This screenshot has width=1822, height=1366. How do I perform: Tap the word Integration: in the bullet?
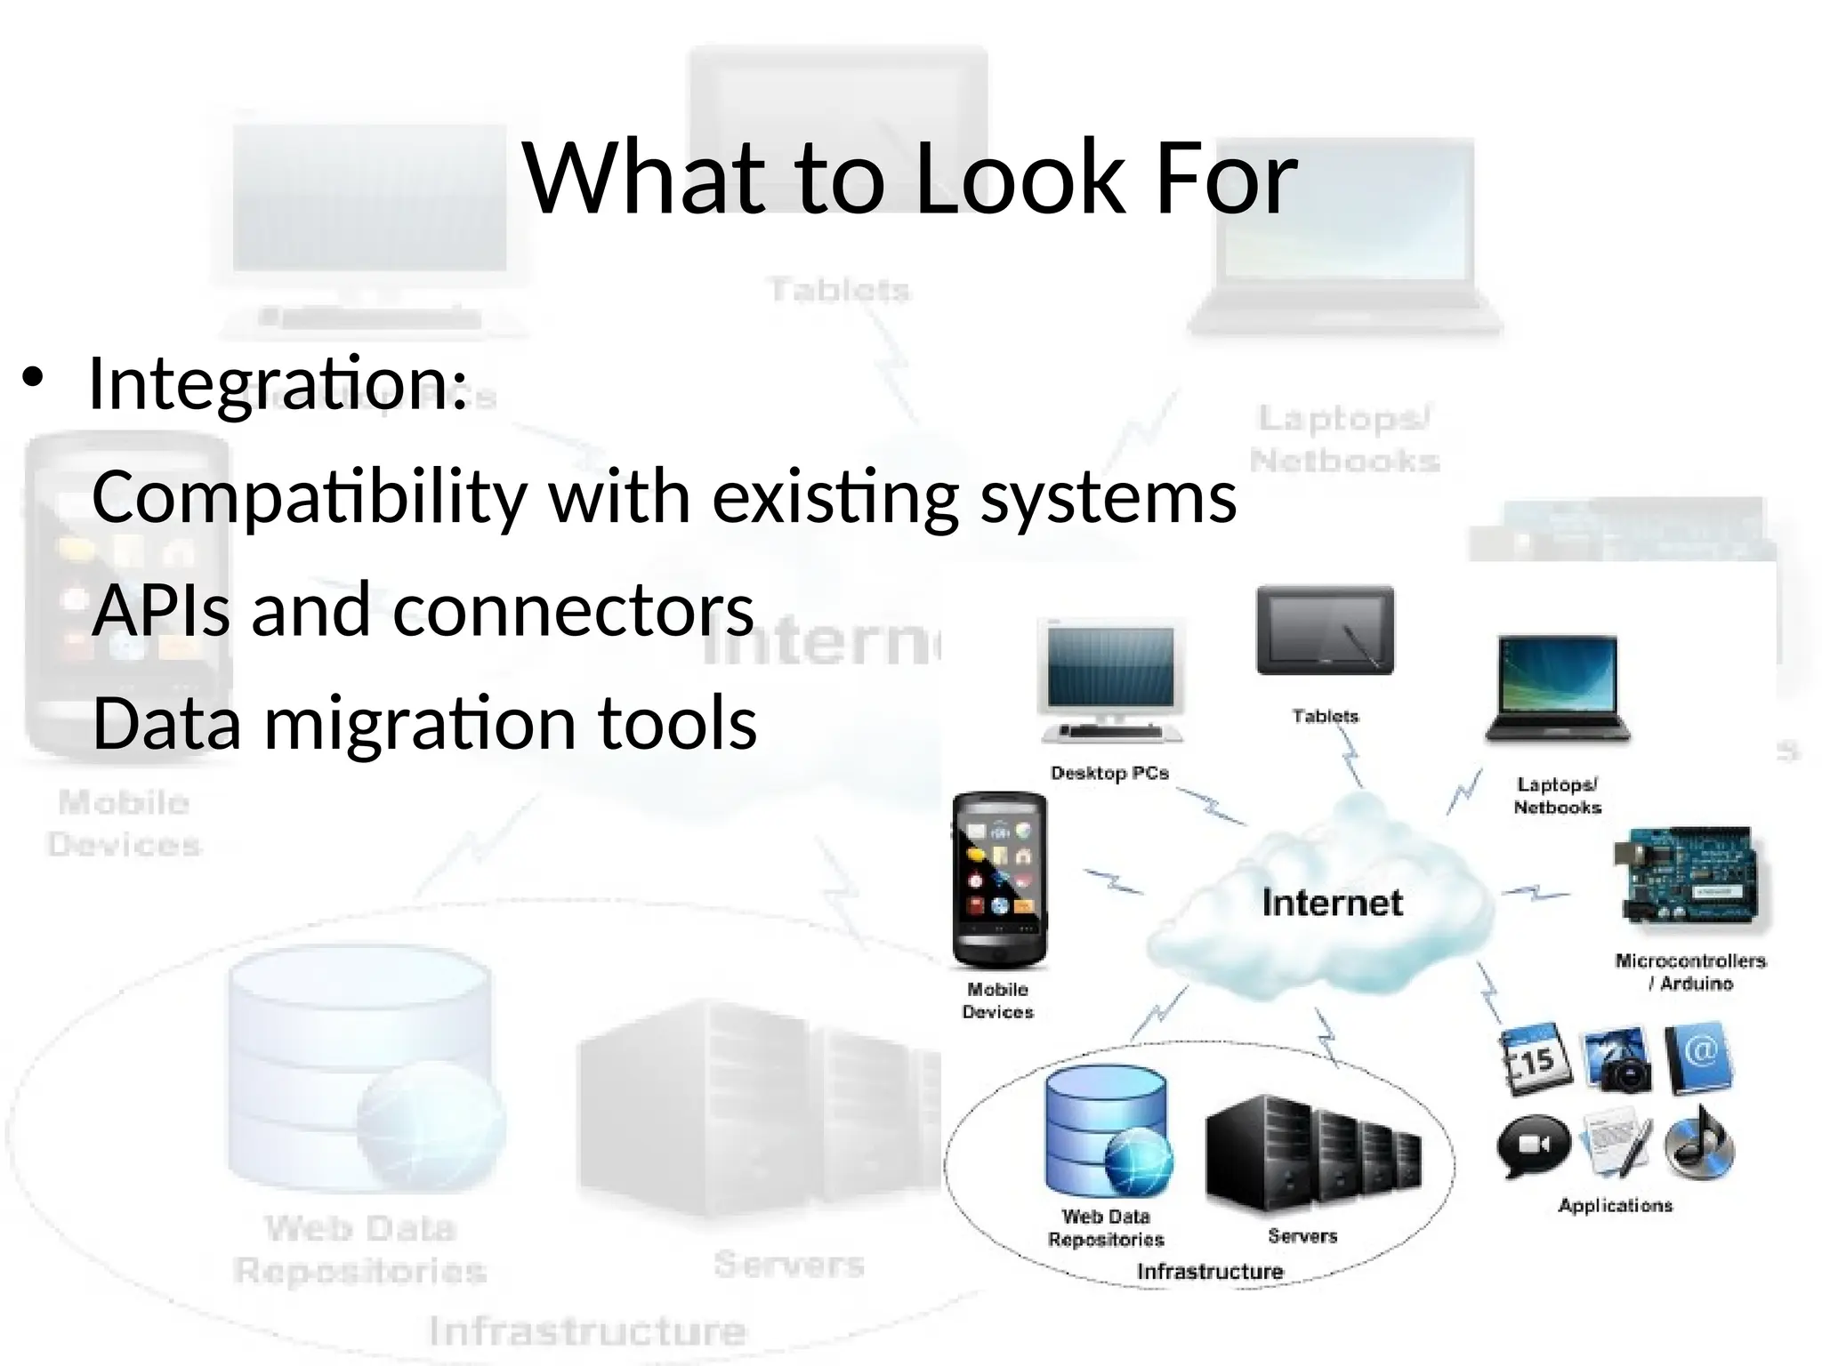click(278, 384)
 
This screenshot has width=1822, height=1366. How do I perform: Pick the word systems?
click(1109, 498)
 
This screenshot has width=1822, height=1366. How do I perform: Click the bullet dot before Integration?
click(33, 379)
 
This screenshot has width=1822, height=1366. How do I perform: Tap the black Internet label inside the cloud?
click(1332, 903)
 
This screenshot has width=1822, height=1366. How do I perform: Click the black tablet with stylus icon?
click(1326, 630)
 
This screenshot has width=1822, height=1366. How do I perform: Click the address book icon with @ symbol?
click(1697, 1058)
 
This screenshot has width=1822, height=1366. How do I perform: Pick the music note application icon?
click(1698, 1143)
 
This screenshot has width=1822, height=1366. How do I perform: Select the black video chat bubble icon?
click(1534, 1145)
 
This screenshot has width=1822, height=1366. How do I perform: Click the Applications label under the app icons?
click(1615, 1206)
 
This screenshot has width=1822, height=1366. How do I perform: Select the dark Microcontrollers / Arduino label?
click(1690, 972)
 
